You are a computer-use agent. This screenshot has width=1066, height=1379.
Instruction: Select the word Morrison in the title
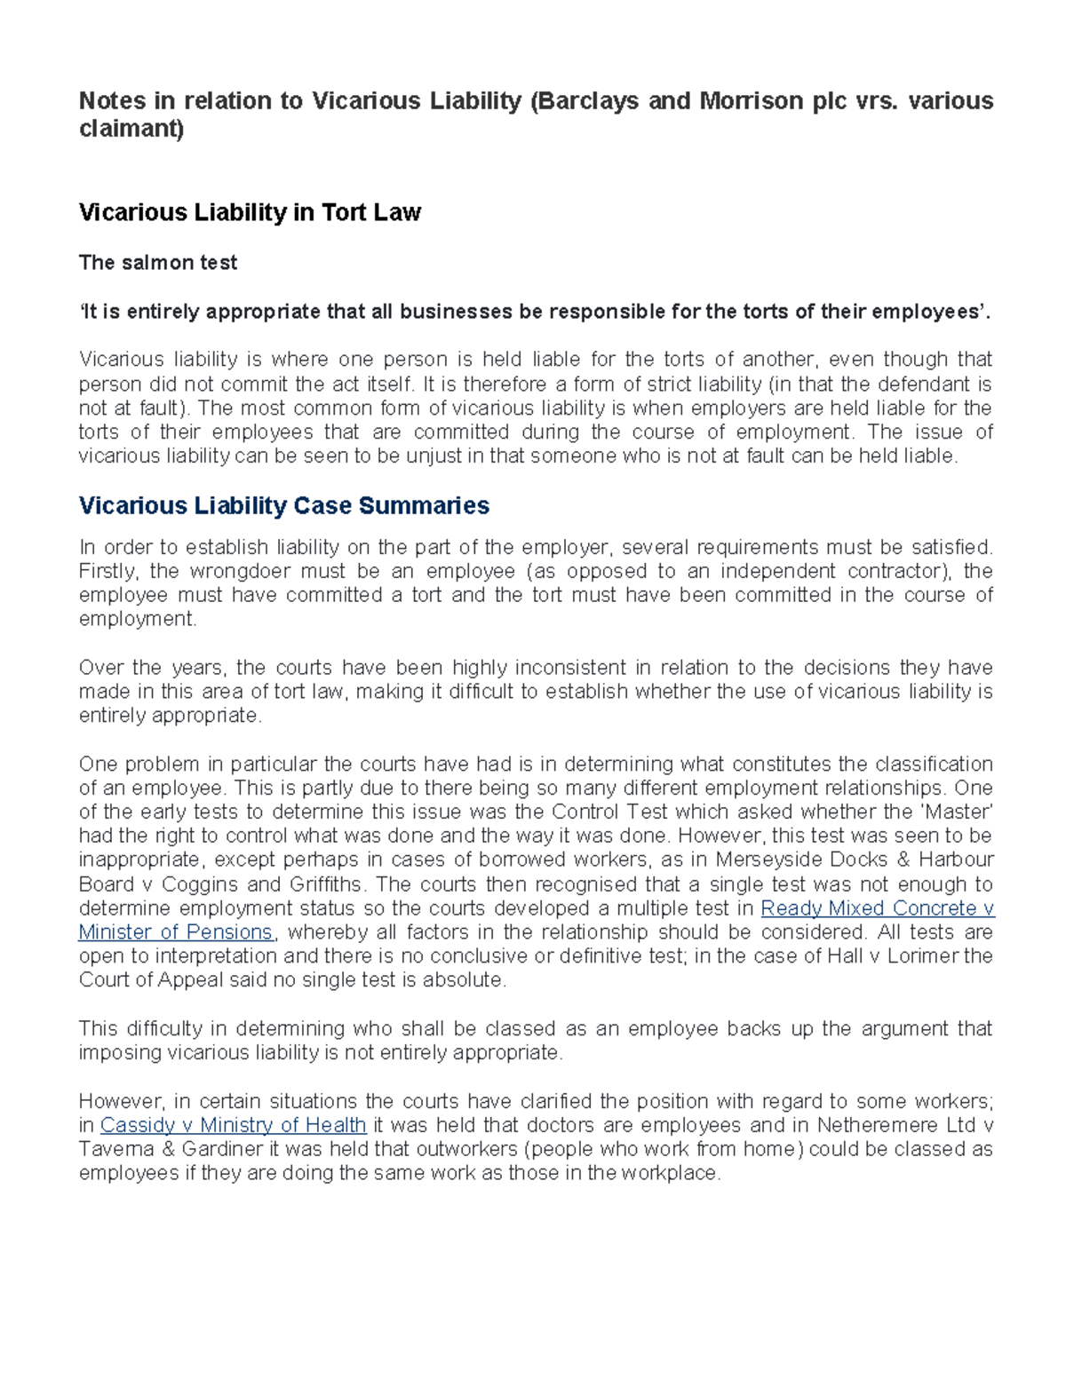click(752, 101)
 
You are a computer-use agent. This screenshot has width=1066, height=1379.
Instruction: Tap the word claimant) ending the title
click(131, 130)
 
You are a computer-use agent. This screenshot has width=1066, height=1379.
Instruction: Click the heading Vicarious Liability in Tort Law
click(250, 213)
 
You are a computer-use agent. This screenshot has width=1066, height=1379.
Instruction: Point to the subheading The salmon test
click(158, 263)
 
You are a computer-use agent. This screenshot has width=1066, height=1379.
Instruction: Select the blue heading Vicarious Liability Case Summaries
click(284, 506)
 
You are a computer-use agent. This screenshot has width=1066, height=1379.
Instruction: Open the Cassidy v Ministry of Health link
click(233, 1125)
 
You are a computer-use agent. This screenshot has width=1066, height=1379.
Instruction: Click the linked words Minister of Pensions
click(176, 932)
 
